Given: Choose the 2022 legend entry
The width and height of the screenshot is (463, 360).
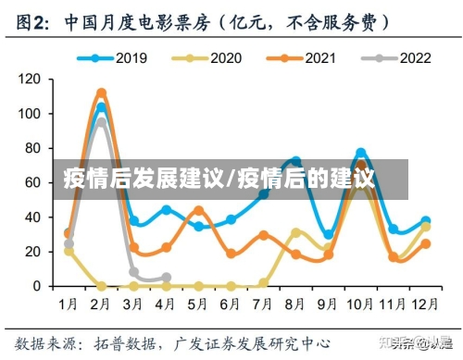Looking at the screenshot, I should [x=398, y=58].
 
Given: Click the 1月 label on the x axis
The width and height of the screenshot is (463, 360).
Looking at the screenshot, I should [x=68, y=303].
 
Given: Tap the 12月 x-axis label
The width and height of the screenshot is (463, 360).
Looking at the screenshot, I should [x=423, y=303].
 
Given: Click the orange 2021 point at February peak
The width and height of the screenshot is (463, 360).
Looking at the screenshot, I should [x=101, y=93].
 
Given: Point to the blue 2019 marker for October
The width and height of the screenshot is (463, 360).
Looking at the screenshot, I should [x=361, y=153].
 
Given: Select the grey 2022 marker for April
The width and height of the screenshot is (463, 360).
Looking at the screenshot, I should [x=166, y=278].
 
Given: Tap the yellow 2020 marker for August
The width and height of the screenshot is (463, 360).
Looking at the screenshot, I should [x=296, y=232].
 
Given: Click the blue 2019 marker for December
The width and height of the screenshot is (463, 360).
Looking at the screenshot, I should [x=425, y=222].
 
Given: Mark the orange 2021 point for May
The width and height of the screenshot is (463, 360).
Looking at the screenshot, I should [x=198, y=210].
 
